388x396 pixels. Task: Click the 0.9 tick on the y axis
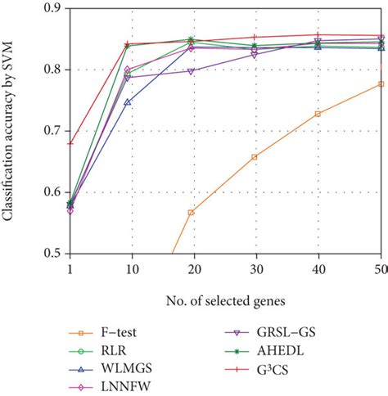pyautogui.click(x=51, y=8)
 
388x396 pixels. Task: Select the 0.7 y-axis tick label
pyautogui.click(x=51, y=131)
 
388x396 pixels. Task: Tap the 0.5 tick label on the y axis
pyautogui.click(x=51, y=254)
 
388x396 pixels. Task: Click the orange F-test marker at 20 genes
pyautogui.click(x=191, y=212)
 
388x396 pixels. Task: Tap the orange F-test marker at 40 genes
pyautogui.click(x=318, y=114)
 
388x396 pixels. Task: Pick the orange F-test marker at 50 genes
pyautogui.click(x=381, y=84)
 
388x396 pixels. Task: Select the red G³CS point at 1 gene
pyautogui.click(x=70, y=143)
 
